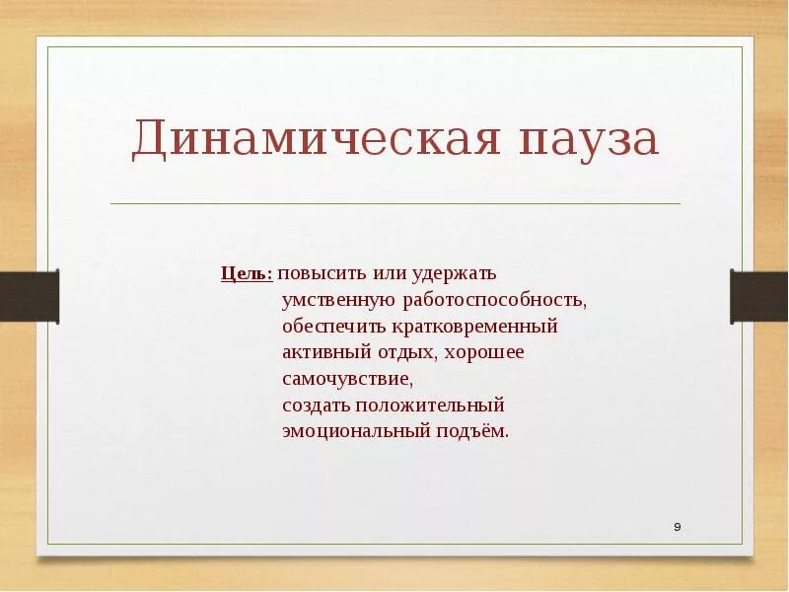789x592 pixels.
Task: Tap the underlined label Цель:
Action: [x=246, y=272]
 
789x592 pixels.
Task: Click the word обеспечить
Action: [x=331, y=326]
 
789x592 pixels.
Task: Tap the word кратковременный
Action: [x=473, y=326]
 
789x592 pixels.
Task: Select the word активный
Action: [x=323, y=352]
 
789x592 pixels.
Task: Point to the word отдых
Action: [x=404, y=352]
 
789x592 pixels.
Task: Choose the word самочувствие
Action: [x=346, y=379]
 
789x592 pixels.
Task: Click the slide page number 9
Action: [x=678, y=527]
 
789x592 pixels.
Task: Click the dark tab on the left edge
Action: [x=29, y=296]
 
